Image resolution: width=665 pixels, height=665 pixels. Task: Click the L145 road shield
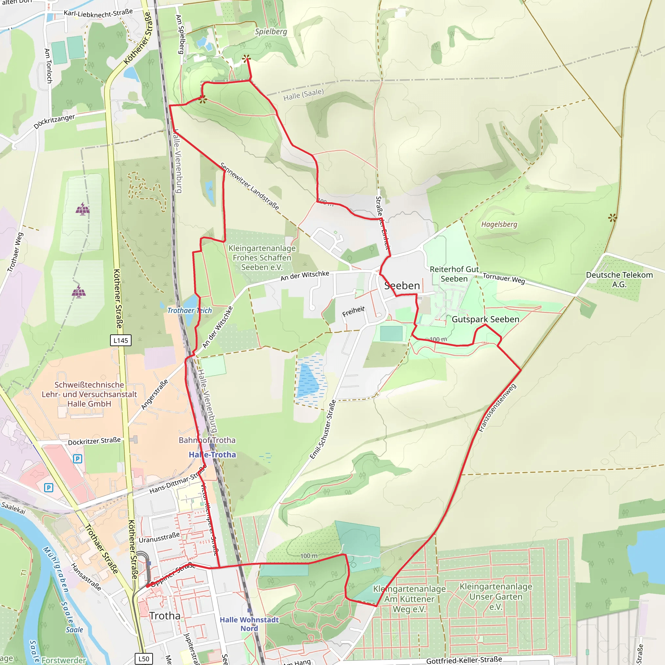pos(120,340)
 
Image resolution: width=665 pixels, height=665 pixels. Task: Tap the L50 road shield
pos(144,659)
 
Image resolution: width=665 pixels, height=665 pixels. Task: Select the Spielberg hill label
pos(271,32)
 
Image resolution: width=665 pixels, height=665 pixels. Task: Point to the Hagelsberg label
pos(499,224)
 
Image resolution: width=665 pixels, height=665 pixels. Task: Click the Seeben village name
pos(402,286)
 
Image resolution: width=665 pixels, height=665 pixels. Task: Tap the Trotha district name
pos(165,616)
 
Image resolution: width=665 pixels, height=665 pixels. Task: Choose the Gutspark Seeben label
pos(485,319)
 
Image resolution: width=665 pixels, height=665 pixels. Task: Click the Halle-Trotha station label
pos(212,455)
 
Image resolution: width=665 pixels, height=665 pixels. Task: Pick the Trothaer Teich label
pos(190,310)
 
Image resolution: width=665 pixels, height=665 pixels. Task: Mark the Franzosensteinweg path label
pos(497,408)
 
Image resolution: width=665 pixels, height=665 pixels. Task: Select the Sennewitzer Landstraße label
pos(250,186)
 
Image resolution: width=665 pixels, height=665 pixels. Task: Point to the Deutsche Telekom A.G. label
pos(619,280)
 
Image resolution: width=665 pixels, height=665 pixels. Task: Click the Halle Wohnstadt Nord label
pos(249,624)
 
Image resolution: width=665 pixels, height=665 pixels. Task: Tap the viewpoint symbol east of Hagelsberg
pos(612,218)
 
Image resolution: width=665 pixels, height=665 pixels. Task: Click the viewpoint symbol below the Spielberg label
pos(246,58)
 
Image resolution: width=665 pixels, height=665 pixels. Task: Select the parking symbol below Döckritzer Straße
pos(78,459)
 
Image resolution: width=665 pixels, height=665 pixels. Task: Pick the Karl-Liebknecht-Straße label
pos(98,13)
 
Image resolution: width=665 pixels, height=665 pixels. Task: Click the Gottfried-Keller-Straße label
pos(464,660)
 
